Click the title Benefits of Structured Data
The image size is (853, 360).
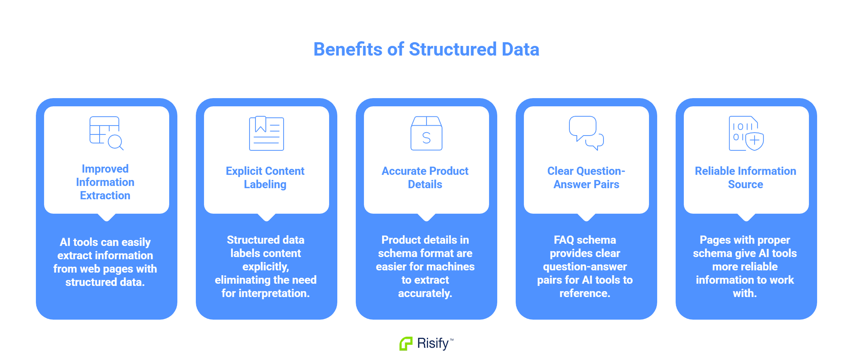[x=426, y=49]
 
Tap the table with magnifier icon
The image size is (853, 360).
[x=106, y=133]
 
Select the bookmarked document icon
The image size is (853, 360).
[x=266, y=133]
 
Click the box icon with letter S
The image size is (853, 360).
[x=426, y=133]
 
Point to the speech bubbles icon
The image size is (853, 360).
[x=586, y=133]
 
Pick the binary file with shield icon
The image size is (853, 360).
[x=746, y=133]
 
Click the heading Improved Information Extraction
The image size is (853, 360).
[x=105, y=182]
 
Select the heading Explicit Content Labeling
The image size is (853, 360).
[x=265, y=178]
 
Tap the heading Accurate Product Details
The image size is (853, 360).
[x=425, y=178]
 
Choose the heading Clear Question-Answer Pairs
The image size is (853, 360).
[x=586, y=178]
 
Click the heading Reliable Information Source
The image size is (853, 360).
[x=745, y=178]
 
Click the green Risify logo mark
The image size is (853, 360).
[x=406, y=343]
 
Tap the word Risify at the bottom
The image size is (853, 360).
[x=433, y=343]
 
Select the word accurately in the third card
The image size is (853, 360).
[x=425, y=293]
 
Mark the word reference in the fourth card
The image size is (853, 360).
[x=585, y=293]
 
